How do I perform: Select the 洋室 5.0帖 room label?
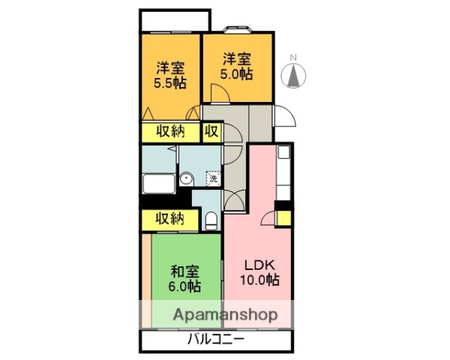[236, 65]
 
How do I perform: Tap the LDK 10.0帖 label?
[259, 273]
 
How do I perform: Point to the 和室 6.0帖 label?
[184, 278]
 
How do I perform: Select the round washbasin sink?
[187, 178]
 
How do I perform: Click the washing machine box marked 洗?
[213, 178]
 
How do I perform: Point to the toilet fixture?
[211, 220]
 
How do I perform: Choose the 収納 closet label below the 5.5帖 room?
[170, 132]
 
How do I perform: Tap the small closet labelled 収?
[211, 132]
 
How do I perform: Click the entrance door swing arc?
[286, 117]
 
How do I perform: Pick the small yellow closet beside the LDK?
[284, 218]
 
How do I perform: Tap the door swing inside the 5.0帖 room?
[220, 93]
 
